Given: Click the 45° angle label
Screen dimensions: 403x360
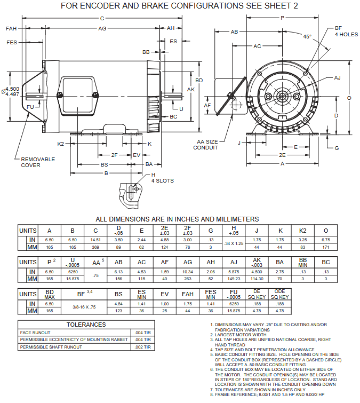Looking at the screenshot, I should click(x=307, y=37).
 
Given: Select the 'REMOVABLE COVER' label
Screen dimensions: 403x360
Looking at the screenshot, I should click(x=34, y=162).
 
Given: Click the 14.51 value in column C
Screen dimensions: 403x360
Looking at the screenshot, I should click(x=95, y=240).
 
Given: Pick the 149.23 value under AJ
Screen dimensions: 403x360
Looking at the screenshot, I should click(x=234, y=279).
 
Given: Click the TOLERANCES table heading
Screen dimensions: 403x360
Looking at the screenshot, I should click(x=86, y=324).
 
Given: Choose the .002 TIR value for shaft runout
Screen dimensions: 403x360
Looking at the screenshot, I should click(x=144, y=347).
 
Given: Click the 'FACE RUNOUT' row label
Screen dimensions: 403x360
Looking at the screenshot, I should click(x=36, y=332).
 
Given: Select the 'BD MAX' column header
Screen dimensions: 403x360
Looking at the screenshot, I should click(x=50, y=294).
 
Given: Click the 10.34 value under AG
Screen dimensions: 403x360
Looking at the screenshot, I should click(x=187, y=272).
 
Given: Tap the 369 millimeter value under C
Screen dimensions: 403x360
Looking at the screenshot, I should click(x=95, y=248).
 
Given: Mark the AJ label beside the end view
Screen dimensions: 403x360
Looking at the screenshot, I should click(x=337, y=78).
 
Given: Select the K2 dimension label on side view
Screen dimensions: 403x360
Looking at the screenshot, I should click(x=61, y=144).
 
